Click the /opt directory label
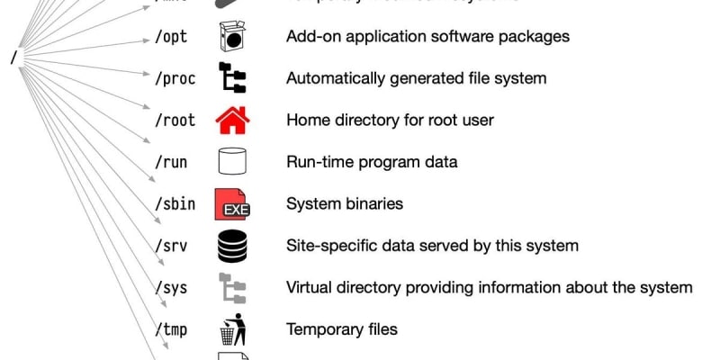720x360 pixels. pyautogui.click(x=171, y=37)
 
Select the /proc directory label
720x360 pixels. pyautogui.click(x=175, y=78)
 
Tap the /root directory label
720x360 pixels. pyautogui.click(x=175, y=120)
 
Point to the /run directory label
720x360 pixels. pyautogui.click(x=171, y=162)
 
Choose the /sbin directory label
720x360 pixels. pyautogui.click(x=175, y=203)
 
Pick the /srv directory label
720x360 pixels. pyautogui.click(x=171, y=246)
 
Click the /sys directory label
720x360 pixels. pyautogui.click(x=171, y=288)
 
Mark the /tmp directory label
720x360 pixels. pyautogui.click(x=171, y=329)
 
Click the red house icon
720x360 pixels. pyautogui.click(x=232, y=120)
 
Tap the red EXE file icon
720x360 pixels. pyautogui.click(x=231, y=204)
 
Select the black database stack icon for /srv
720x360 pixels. pyautogui.click(x=232, y=246)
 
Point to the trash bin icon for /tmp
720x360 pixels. pyautogui.click(x=232, y=329)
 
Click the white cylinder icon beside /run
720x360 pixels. pyautogui.click(x=232, y=162)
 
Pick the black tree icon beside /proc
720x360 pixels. pyautogui.click(x=232, y=78)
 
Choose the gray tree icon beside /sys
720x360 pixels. pyautogui.click(x=232, y=288)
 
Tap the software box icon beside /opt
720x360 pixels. pyautogui.click(x=232, y=37)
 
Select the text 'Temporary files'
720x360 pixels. pyautogui.click(x=341, y=329)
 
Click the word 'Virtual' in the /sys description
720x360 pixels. pyautogui.click(x=310, y=288)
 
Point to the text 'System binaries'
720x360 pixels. pyautogui.click(x=345, y=204)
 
